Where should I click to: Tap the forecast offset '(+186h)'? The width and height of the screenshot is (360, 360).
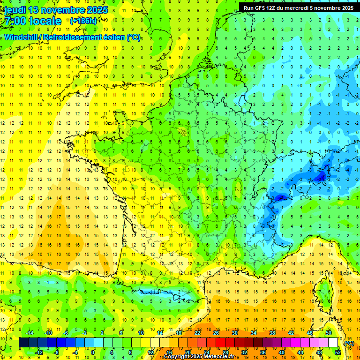point(83,21)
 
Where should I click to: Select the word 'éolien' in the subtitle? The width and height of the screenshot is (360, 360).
point(112,37)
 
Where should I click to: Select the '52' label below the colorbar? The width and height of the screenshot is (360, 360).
point(337,352)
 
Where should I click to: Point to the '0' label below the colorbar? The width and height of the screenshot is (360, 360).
point(93,352)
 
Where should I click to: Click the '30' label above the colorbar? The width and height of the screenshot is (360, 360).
point(234,332)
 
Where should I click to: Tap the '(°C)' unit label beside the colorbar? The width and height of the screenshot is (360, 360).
point(349,343)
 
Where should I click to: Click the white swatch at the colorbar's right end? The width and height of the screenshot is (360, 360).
point(333,343)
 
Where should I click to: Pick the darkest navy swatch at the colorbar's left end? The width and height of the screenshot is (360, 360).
point(23,343)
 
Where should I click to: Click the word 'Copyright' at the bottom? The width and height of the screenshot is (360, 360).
point(178,357)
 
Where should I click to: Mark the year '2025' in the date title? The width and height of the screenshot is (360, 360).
point(96,10)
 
